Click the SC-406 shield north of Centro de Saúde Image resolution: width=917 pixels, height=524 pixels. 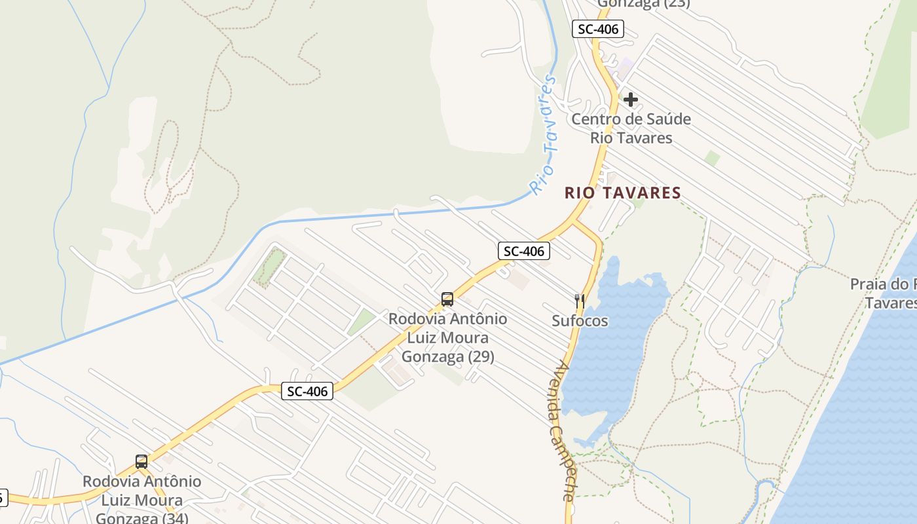[x=597, y=29]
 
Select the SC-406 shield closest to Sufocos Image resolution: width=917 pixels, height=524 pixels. [x=523, y=250]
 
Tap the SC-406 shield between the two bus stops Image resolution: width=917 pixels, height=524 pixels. [x=307, y=391]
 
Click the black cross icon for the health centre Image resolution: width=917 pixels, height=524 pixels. [x=631, y=100]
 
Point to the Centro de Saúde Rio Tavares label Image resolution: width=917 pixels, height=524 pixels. [x=631, y=128]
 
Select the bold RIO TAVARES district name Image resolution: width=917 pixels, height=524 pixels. [x=622, y=193]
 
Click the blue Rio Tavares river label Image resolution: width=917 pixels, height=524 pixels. [x=545, y=134]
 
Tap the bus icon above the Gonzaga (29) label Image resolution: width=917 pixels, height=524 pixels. [x=447, y=299]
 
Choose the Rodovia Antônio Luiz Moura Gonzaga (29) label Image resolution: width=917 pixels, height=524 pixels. [x=447, y=337]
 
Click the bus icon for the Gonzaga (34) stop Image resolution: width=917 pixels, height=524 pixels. [x=141, y=461]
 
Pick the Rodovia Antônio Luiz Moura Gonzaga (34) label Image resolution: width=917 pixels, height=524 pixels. [x=141, y=500]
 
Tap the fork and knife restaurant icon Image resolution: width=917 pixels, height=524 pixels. [x=579, y=301]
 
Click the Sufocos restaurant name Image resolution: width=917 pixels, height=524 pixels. [x=580, y=321]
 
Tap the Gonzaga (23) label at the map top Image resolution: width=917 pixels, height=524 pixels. [x=643, y=3]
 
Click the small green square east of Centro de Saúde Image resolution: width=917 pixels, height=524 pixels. [x=713, y=158]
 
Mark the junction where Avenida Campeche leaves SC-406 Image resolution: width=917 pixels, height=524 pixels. [x=574, y=222]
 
